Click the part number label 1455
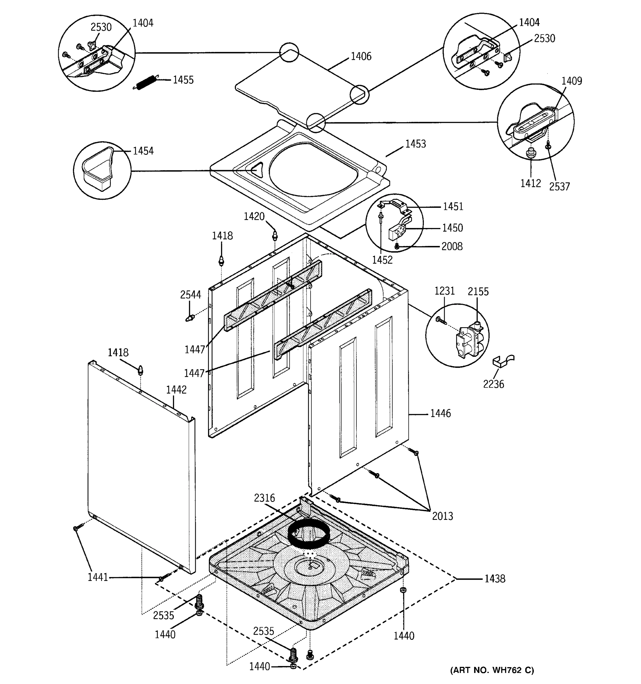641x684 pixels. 183,80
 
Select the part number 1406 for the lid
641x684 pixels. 361,56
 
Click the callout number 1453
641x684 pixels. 415,144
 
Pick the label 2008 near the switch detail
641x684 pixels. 452,246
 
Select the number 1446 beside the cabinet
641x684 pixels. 440,413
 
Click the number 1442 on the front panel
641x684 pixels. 176,390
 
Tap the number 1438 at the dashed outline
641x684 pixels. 495,579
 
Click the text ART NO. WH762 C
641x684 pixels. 492,670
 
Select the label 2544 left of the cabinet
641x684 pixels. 191,294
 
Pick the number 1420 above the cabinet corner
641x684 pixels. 254,216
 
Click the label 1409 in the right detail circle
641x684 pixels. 571,81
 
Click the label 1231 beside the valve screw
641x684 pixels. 444,291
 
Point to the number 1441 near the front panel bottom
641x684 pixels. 98,577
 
